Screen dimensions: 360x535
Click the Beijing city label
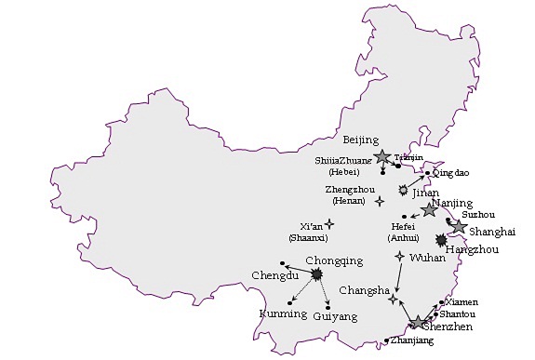[361, 140]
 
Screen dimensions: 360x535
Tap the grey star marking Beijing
[381, 157]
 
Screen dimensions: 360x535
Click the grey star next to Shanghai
[459, 226]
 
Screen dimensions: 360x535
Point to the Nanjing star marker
[429, 210]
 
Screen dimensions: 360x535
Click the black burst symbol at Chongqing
[317, 274]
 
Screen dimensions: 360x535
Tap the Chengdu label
[274, 276]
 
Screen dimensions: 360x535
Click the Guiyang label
[335, 317]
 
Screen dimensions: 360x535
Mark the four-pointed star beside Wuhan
[400, 256]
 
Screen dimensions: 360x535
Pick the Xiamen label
[462, 302]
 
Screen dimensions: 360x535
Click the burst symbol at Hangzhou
[440, 239]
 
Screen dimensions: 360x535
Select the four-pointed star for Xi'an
[328, 223]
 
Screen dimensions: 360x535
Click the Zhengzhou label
[350, 190]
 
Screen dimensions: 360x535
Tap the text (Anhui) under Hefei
[403, 238]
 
